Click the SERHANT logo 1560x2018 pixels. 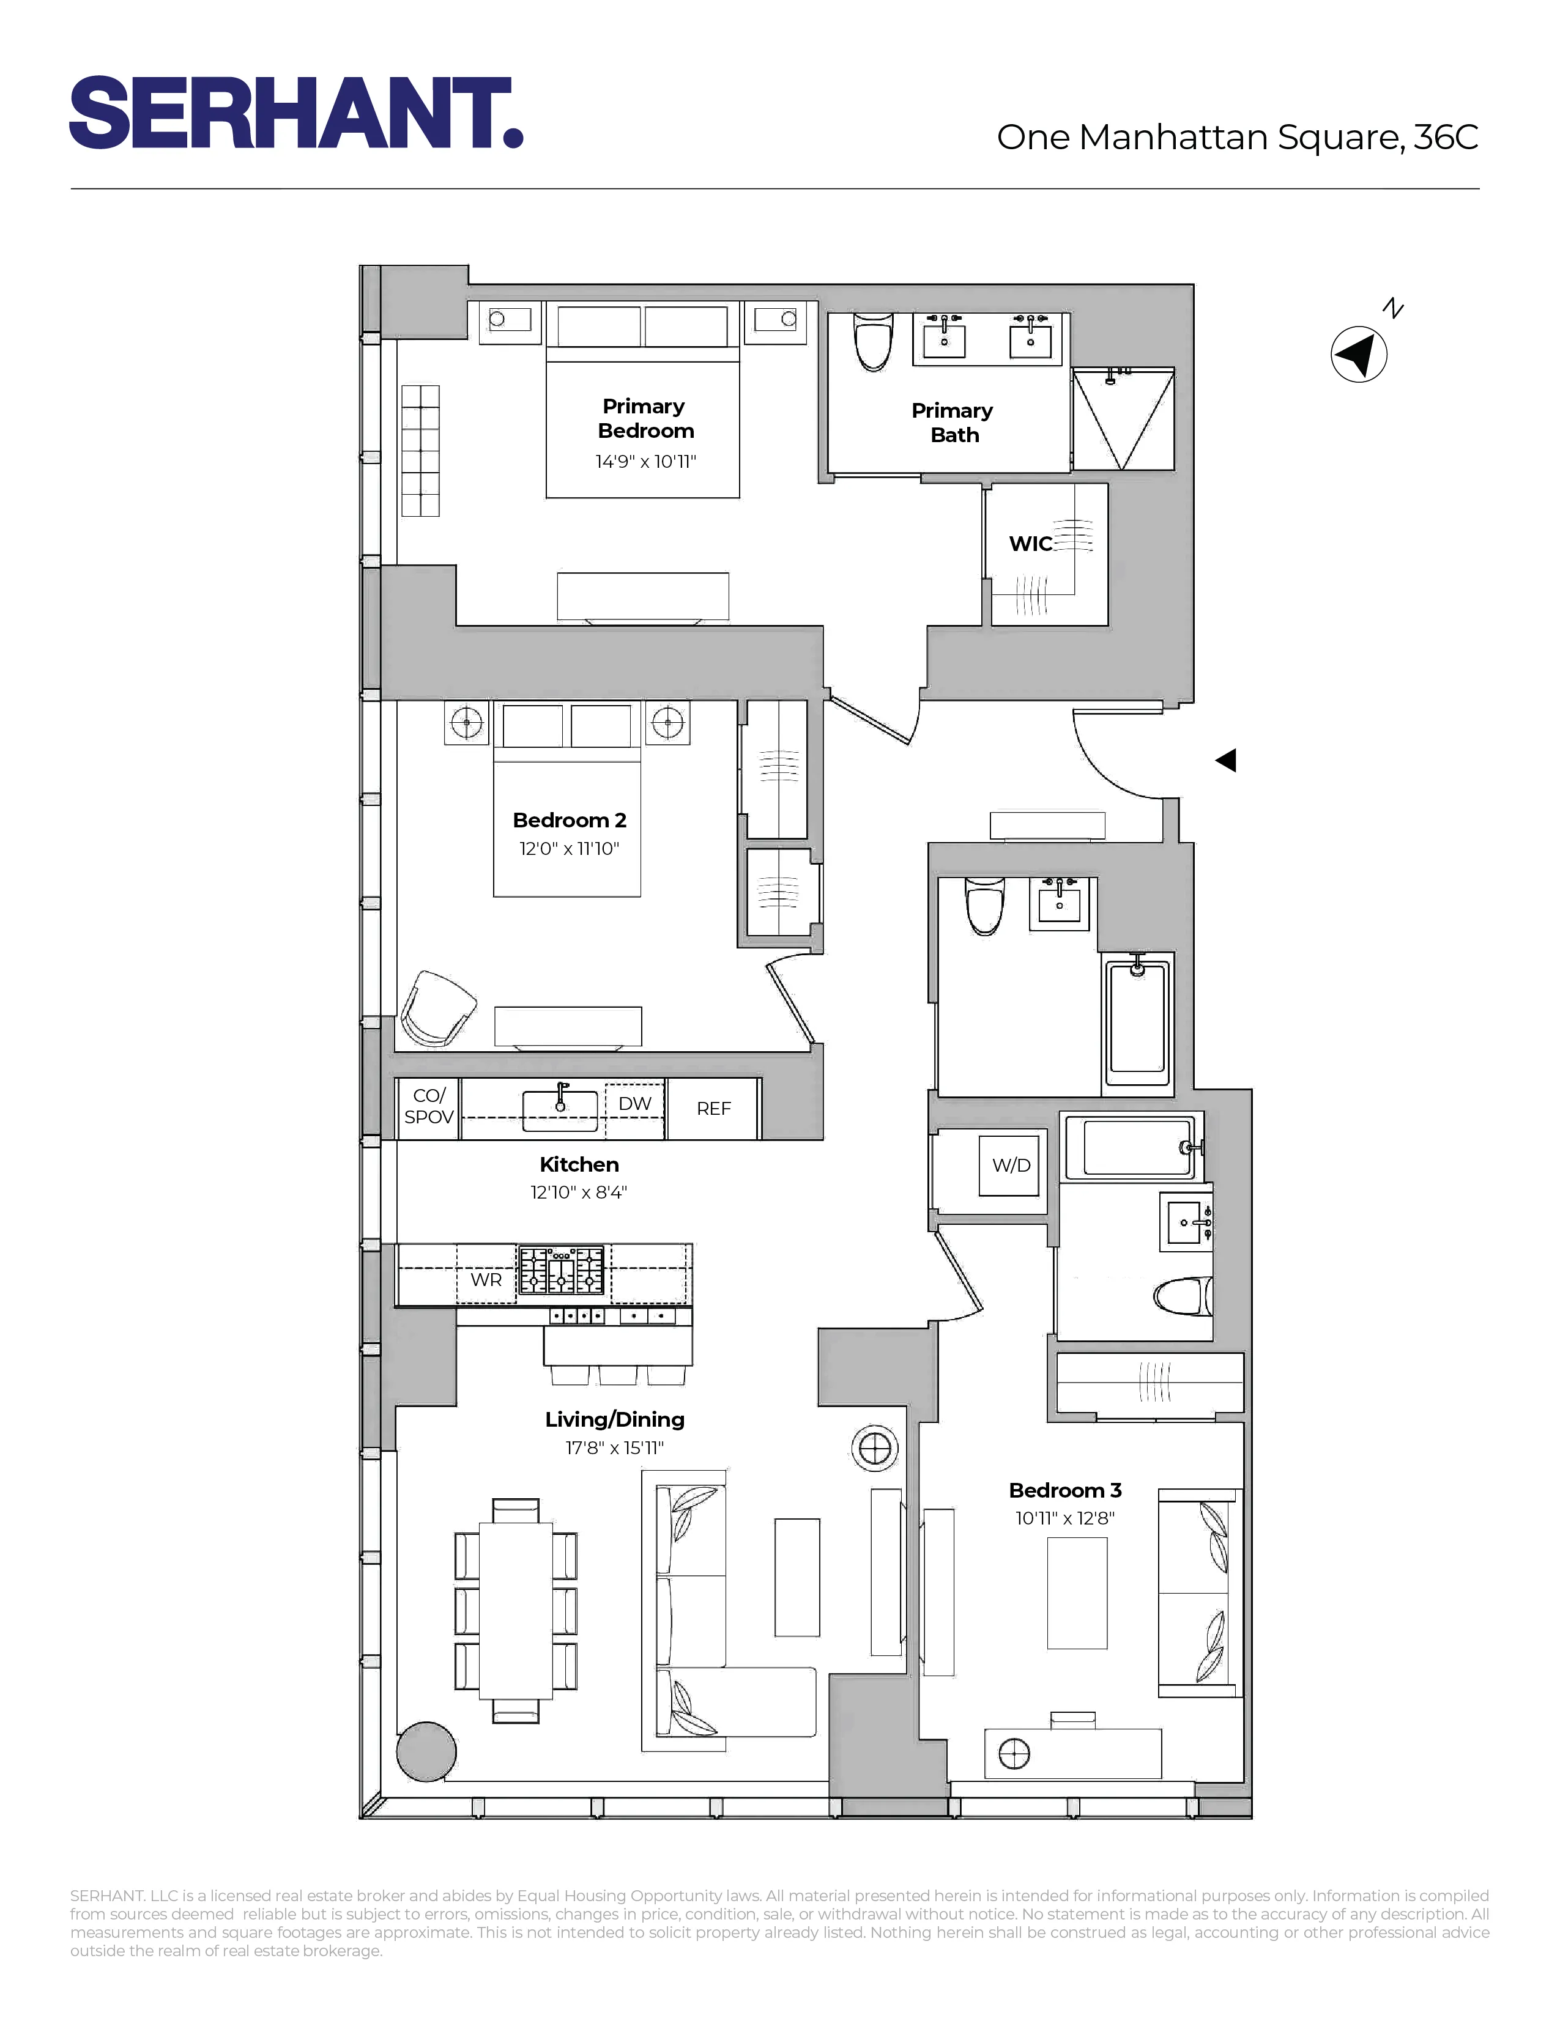click(295, 113)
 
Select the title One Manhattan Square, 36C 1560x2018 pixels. click(1236, 138)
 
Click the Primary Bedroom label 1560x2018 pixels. click(645, 418)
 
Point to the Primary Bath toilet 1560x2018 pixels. click(874, 341)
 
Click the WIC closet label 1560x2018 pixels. click(1030, 543)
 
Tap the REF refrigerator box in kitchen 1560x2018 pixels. click(713, 1108)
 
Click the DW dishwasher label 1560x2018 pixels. click(635, 1103)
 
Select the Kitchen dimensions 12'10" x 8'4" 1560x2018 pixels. click(579, 1192)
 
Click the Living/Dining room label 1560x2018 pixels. click(615, 1419)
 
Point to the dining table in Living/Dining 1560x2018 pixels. click(516, 1610)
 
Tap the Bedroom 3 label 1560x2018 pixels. click(1064, 1490)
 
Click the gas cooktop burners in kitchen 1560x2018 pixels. click(562, 1271)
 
